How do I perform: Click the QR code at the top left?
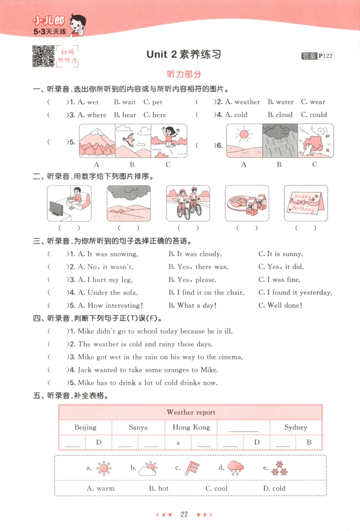[x=43, y=56]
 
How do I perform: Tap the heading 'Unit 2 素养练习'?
[x=184, y=55]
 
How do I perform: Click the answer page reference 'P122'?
[x=325, y=56]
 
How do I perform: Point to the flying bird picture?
[x=131, y=137]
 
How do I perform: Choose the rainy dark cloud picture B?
[x=279, y=140]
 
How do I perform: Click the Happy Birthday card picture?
[x=306, y=203]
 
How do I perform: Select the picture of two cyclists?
[x=188, y=203]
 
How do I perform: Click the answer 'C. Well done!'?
[x=280, y=305]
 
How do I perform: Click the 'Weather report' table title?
[x=191, y=412]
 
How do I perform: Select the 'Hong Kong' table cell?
[x=191, y=427]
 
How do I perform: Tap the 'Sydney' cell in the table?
[x=296, y=427]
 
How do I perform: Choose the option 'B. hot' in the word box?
[x=158, y=488]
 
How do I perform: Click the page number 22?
[x=184, y=515]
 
